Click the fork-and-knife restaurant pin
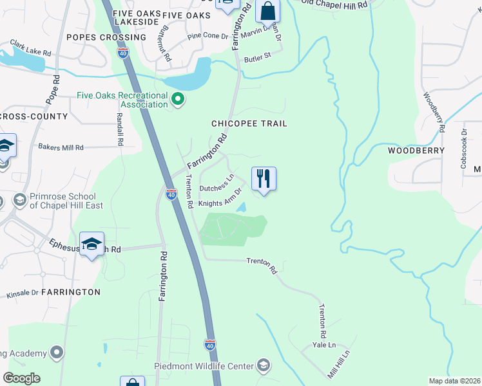pyautogui.click(x=263, y=178)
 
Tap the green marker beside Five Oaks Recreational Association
pyautogui.click(x=178, y=100)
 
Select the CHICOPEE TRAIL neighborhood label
pyautogui.click(x=249, y=124)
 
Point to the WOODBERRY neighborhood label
pyautogui.click(x=416, y=151)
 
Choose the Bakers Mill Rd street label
pyautogui.click(x=61, y=147)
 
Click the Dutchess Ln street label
pyautogui.click(x=217, y=183)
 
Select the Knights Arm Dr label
pyautogui.click(x=220, y=198)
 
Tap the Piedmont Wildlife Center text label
pyautogui.click(x=204, y=366)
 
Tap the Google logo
pyautogui.click(x=21, y=378)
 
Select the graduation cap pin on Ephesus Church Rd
pyautogui.click(x=92, y=244)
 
